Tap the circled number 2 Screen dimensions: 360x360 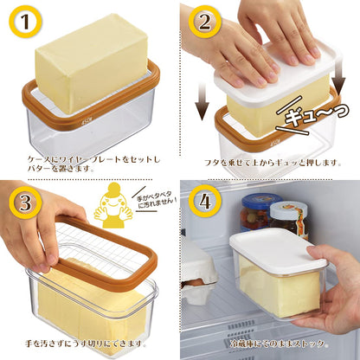[205, 21]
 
